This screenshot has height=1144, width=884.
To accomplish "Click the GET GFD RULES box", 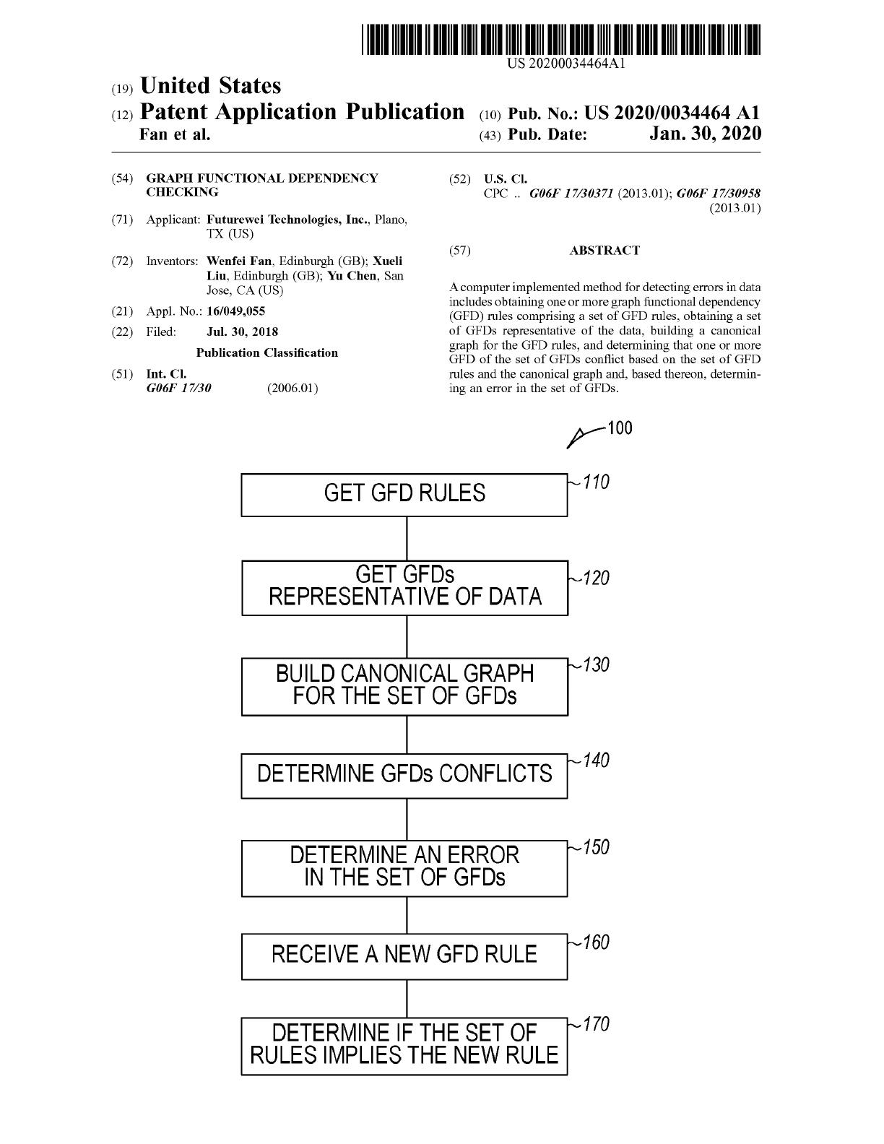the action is tap(404, 495).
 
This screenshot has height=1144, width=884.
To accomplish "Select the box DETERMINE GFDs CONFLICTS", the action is tap(404, 776).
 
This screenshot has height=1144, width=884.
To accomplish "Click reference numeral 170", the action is tap(596, 1024).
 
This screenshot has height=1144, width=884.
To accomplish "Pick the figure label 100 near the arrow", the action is tap(620, 428).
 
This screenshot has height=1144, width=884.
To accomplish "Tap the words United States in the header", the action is tap(211, 86).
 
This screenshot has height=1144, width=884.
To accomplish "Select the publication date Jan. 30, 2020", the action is tap(705, 134).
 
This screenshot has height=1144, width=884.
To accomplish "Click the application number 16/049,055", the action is tap(235, 311).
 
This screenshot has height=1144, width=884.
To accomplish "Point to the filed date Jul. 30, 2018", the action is tap(242, 331).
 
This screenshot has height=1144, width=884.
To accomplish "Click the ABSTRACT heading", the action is tap(604, 251).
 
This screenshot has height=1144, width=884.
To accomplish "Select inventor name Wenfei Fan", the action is tap(239, 261).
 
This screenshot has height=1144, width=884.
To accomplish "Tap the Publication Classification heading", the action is tap(267, 352).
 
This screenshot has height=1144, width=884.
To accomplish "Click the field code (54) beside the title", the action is tap(122, 178).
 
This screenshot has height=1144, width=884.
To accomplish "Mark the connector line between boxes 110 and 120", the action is tap(407, 539).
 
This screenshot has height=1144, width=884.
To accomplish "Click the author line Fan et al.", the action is tap(175, 135).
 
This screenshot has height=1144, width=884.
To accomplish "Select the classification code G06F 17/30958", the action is tap(718, 194).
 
